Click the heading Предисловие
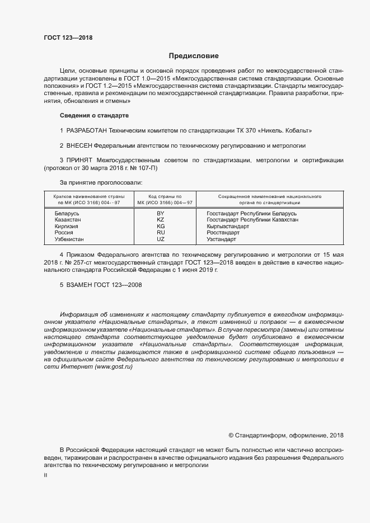pyautogui.click(x=194, y=56)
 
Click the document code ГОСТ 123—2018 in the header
pyautogui.click(x=68, y=38)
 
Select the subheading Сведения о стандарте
pyautogui.click(x=94, y=115)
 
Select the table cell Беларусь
pyautogui.click(x=67, y=214)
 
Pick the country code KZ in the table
pyautogui.click(x=161, y=220)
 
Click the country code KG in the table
pyautogui.click(x=161, y=227)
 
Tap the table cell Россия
pyautogui.click(x=64, y=233)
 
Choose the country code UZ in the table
pyautogui.click(x=161, y=239)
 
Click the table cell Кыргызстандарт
pyautogui.click(x=228, y=227)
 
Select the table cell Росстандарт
pyautogui.click(x=223, y=233)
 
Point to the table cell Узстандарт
pyautogui.click(x=222, y=239)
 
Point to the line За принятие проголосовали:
pyautogui.click(x=101, y=182)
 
